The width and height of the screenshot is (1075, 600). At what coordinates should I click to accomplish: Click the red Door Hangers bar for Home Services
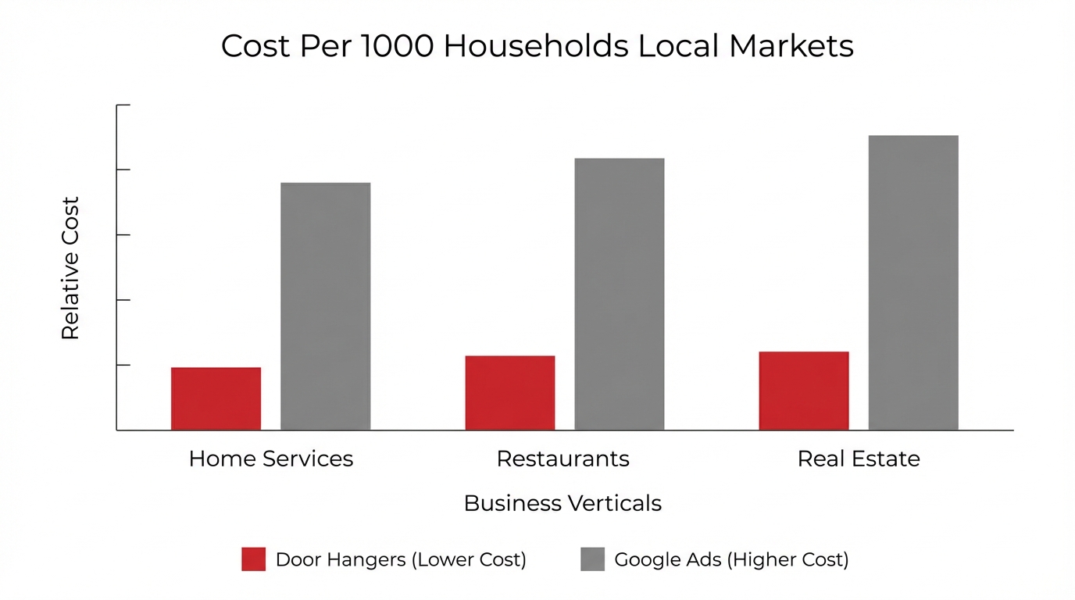pyautogui.click(x=216, y=398)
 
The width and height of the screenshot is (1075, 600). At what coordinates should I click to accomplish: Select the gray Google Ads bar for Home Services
pyautogui.click(x=325, y=306)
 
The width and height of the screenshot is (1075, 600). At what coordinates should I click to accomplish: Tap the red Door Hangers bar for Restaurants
pyautogui.click(x=509, y=393)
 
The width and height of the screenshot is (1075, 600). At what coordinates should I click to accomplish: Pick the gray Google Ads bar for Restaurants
pyautogui.click(x=619, y=294)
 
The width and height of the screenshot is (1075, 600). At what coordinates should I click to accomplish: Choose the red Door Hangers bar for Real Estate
pyautogui.click(x=803, y=391)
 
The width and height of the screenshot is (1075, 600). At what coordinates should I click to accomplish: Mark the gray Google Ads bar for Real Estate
pyautogui.click(x=912, y=283)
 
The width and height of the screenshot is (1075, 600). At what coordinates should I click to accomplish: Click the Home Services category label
pyautogui.click(x=270, y=459)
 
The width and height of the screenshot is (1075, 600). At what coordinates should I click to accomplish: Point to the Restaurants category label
pyautogui.click(x=562, y=459)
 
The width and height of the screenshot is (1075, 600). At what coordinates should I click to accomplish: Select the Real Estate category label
pyautogui.click(x=858, y=459)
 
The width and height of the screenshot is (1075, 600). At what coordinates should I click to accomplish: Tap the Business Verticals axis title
pyautogui.click(x=562, y=503)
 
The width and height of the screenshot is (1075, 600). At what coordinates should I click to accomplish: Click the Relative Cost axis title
pyautogui.click(x=70, y=268)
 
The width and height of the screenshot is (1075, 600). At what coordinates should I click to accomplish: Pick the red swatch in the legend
pyautogui.click(x=253, y=559)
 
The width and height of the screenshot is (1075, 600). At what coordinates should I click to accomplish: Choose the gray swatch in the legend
pyautogui.click(x=592, y=559)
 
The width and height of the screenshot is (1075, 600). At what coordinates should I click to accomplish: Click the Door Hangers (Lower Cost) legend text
pyautogui.click(x=400, y=559)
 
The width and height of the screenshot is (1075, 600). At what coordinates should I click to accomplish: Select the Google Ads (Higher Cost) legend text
pyautogui.click(x=731, y=559)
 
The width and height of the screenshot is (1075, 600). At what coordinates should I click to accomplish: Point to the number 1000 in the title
pyautogui.click(x=397, y=46)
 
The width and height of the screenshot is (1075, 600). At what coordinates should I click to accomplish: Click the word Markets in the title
pyautogui.click(x=791, y=46)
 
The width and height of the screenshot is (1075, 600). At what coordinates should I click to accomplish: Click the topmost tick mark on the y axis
pyautogui.click(x=123, y=105)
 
